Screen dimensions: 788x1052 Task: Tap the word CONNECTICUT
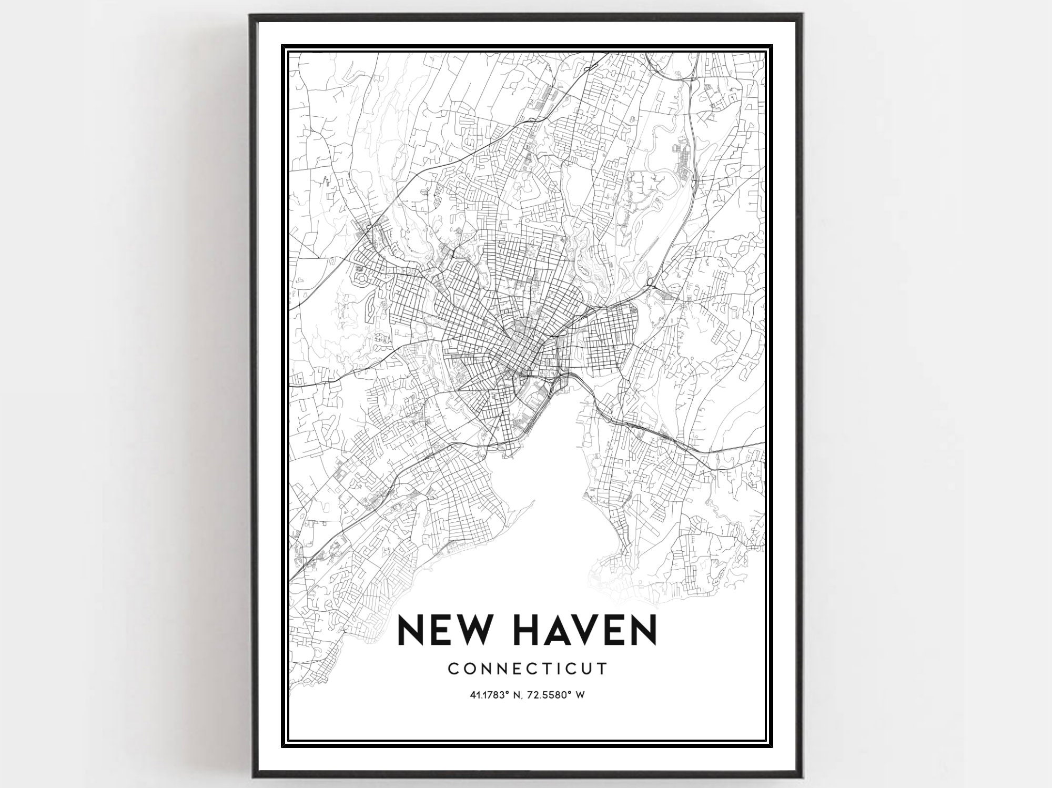tap(527, 669)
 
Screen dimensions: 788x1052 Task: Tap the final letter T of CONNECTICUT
tap(603, 669)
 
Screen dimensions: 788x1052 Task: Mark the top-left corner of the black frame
tap(251, 15)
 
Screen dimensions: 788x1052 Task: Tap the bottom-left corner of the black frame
tap(251, 777)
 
